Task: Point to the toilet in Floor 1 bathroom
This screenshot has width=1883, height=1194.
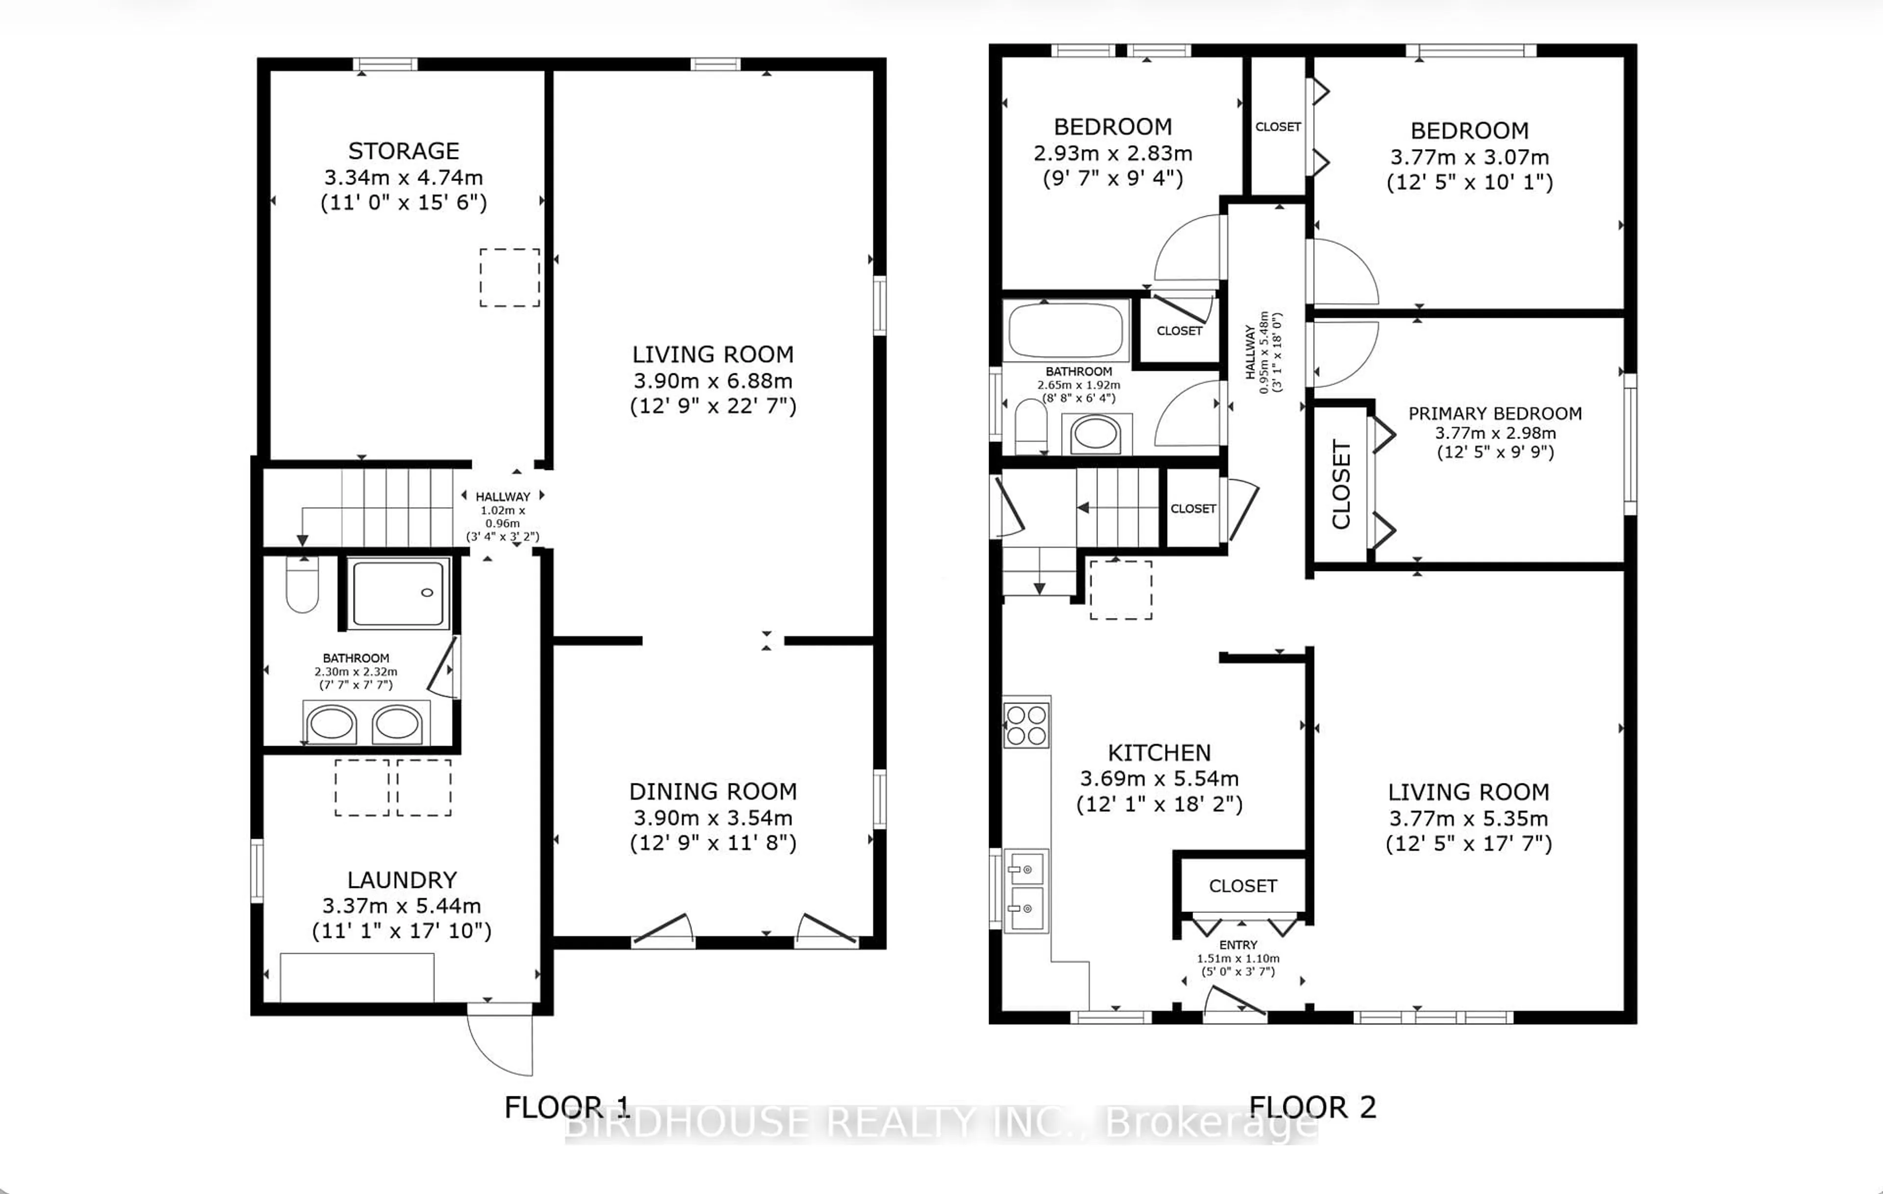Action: (x=303, y=585)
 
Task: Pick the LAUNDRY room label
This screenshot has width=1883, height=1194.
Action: (x=402, y=880)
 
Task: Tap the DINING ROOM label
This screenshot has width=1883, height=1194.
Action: (x=713, y=792)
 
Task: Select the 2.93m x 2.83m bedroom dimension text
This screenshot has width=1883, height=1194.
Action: (x=1113, y=154)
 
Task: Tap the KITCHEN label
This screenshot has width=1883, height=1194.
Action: (x=1159, y=753)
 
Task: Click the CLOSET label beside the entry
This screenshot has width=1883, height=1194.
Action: (x=1243, y=886)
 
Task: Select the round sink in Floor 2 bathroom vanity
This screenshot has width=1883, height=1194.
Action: (x=1095, y=433)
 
